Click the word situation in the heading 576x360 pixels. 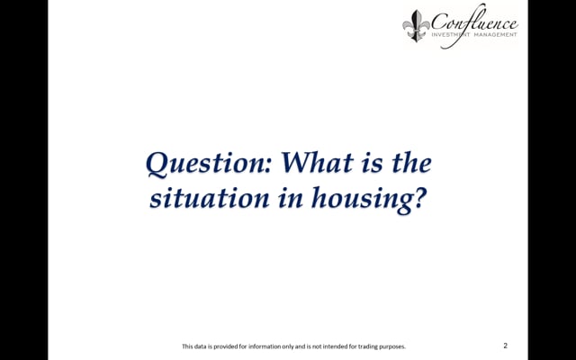(x=210, y=198)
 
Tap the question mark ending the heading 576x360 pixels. (x=419, y=198)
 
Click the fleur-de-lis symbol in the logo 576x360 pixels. (x=416, y=26)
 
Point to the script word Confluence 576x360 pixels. (x=474, y=22)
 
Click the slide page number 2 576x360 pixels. (x=506, y=346)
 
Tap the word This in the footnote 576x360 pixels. (x=187, y=346)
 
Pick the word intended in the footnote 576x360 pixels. (x=334, y=346)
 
